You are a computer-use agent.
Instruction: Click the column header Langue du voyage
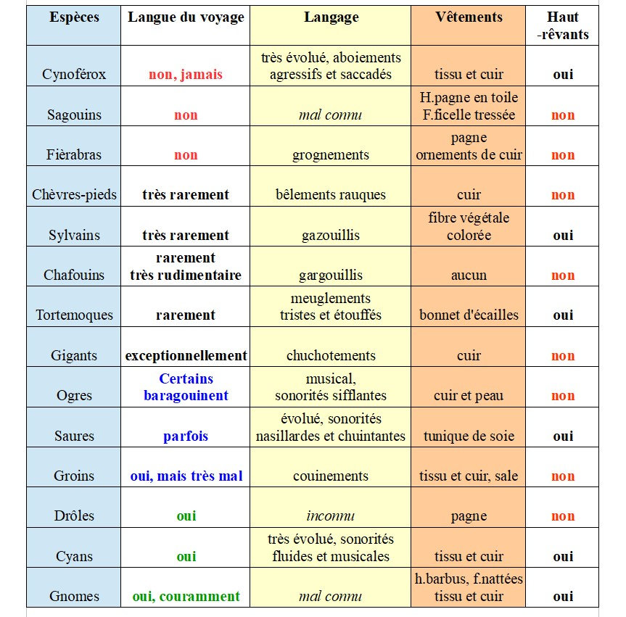pos(186,17)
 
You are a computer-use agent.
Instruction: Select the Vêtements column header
pos(469,17)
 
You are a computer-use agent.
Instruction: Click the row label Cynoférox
pos(74,74)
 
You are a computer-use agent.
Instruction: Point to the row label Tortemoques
pos(75,315)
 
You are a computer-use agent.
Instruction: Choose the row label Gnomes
pos(74,597)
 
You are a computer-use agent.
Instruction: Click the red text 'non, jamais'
pos(186,74)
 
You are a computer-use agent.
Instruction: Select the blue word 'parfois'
pos(186,436)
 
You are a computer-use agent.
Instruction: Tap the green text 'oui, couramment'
pos(186,597)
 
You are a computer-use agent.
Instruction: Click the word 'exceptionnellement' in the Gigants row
pos(186,356)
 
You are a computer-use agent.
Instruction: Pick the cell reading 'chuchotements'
pos(331,356)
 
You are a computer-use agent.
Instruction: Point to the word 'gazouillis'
pos(331,236)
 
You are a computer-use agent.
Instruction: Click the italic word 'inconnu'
pos(331,516)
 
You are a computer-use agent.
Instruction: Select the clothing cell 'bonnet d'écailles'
pos(469,315)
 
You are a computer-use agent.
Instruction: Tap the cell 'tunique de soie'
pos(469,436)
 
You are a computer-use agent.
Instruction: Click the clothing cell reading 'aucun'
pos(469,276)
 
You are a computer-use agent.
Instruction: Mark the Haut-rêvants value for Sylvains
pos(563,236)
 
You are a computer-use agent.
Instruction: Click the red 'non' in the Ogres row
pos(563,396)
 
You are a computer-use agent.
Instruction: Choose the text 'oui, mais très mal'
pos(186,476)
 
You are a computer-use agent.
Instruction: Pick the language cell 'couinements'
pos(331,476)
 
